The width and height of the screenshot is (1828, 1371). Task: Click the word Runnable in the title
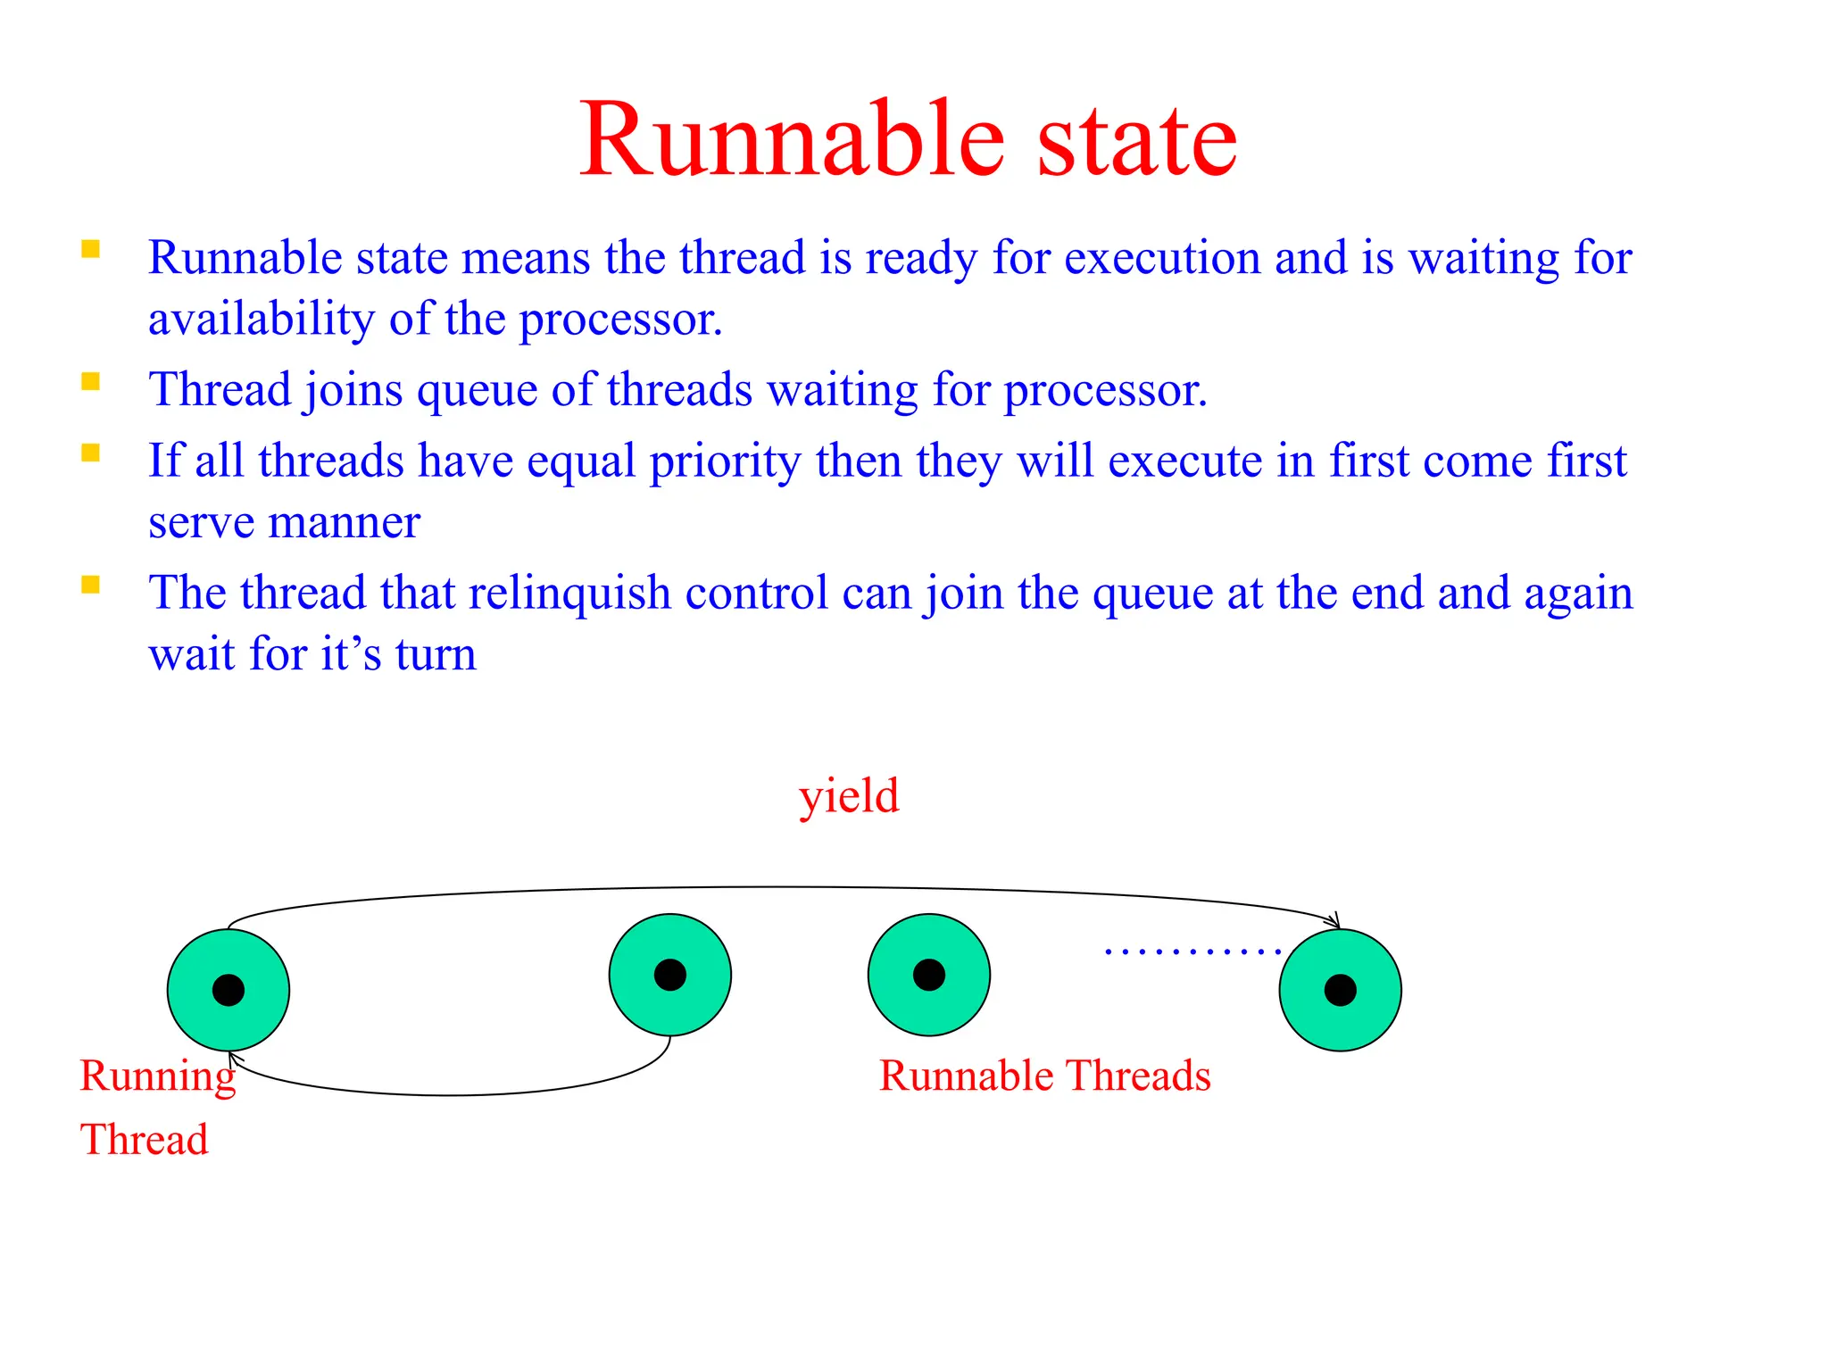(x=793, y=140)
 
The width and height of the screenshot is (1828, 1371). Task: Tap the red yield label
(x=848, y=795)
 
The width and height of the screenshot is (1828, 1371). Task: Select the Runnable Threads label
(x=1044, y=1076)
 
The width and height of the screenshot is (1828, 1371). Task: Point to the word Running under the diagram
(x=157, y=1076)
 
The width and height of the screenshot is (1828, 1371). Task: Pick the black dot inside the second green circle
(x=669, y=975)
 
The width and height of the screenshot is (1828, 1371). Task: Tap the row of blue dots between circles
(x=1192, y=952)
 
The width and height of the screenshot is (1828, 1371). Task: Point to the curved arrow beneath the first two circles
(x=446, y=1094)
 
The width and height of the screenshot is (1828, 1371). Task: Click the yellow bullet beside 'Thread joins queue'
(x=90, y=382)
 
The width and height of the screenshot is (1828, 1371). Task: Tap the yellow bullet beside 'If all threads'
(x=90, y=453)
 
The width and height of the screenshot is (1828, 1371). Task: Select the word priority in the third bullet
(x=725, y=461)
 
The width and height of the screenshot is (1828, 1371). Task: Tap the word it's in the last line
(x=351, y=654)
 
